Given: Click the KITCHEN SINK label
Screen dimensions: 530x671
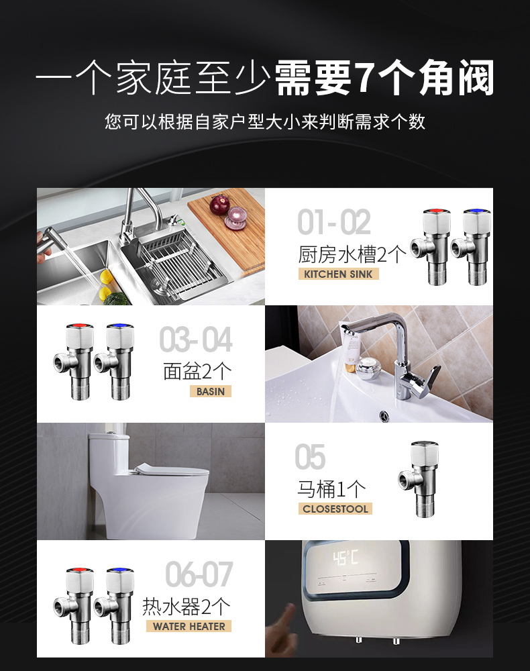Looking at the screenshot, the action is click(338, 274).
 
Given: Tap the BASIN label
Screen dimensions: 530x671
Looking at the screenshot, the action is click(211, 391).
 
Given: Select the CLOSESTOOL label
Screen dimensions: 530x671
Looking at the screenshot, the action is click(335, 509).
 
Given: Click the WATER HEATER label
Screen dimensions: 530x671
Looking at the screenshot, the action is click(189, 626).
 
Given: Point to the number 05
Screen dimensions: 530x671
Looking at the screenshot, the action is click(310, 457).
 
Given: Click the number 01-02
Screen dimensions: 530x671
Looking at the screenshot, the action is click(333, 222).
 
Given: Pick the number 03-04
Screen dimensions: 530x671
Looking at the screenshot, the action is click(195, 340).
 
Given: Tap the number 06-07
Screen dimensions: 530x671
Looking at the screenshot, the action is click(199, 574).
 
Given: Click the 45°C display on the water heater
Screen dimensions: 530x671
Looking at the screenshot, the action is click(346, 558).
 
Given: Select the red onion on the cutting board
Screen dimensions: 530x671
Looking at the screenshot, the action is click(219, 204).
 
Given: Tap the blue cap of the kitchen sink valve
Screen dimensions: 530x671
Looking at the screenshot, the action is click(477, 211).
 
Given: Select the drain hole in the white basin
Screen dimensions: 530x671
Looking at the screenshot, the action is click(384, 415).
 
